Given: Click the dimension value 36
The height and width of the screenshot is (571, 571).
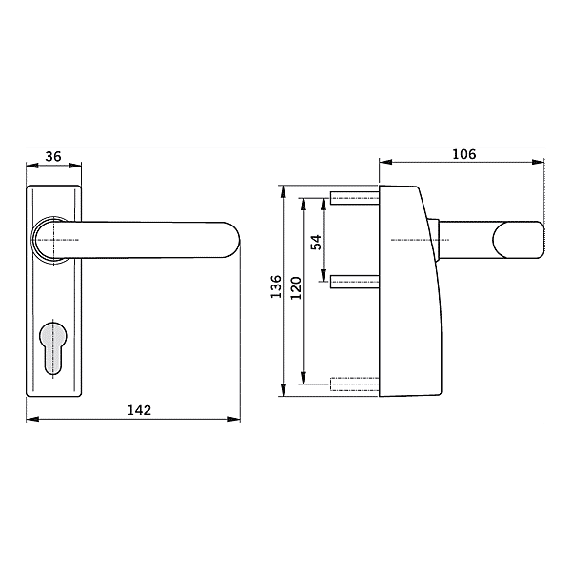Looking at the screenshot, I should tap(53, 157).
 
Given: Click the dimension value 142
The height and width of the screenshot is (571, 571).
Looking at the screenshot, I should tap(139, 411).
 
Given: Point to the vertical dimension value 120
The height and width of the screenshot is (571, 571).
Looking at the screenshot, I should tap(295, 288).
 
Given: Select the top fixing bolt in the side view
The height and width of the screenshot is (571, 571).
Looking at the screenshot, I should tap(354, 199).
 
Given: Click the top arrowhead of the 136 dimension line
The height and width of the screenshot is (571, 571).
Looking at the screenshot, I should tap(284, 189).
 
